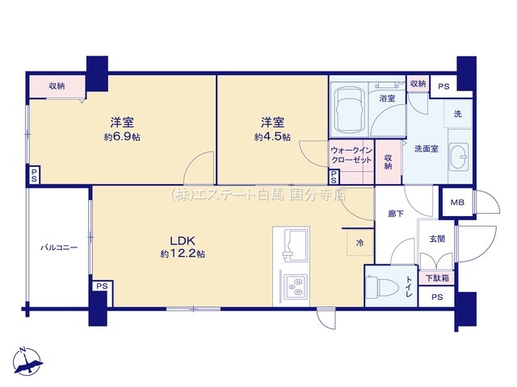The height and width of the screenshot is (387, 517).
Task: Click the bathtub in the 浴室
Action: (x=349, y=110)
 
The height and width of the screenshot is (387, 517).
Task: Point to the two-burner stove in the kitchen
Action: (x=296, y=286)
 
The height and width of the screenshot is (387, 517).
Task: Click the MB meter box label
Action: (x=457, y=202)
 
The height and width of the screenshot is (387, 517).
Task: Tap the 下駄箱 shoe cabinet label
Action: (x=437, y=278)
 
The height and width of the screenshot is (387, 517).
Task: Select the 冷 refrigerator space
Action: (x=360, y=243)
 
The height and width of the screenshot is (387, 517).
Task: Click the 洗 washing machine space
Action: (x=458, y=114)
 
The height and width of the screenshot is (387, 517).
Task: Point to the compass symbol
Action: (x=27, y=361)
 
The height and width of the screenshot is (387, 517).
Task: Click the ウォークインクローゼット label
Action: (x=351, y=156)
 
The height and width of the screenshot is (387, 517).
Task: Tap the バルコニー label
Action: (x=59, y=248)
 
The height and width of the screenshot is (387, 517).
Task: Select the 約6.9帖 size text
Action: (x=122, y=137)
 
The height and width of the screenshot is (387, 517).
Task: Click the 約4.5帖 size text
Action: (x=272, y=137)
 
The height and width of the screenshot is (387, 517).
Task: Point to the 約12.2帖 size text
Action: (x=183, y=254)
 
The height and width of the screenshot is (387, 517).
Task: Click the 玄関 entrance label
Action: (x=437, y=239)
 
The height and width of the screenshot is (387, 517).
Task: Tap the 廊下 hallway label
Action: (x=396, y=214)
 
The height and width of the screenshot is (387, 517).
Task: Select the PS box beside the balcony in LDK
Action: (x=103, y=286)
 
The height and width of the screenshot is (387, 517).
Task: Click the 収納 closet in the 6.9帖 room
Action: (x=57, y=86)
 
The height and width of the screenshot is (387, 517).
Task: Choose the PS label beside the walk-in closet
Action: (x=334, y=177)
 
